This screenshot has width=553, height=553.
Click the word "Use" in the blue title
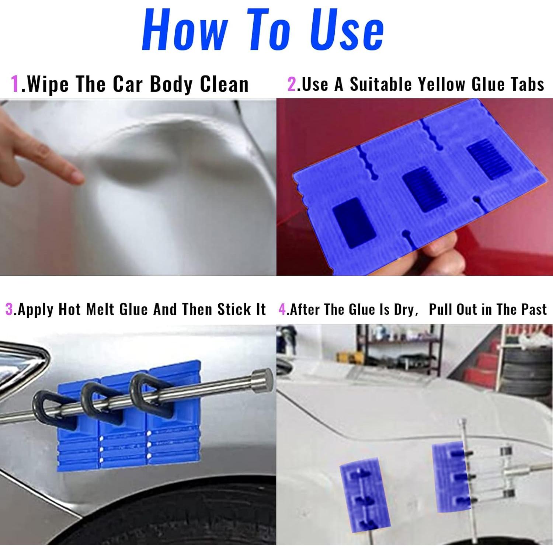tap(347, 29)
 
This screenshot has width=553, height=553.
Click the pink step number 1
tap(15, 84)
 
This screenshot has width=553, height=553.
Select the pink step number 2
tap(292, 84)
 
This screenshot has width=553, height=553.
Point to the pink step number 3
tap(9, 309)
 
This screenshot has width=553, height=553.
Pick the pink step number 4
tap(283, 309)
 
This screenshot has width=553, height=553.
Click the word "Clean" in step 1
tap(224, 84)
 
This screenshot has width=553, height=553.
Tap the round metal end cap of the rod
tap(262, 381)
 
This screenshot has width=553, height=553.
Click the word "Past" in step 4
tap(534, 309)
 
